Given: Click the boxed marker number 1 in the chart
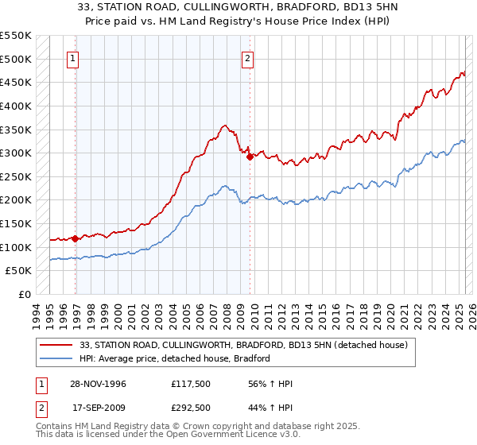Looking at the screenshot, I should point(72,58).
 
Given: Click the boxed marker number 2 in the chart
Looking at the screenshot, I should point(248,58).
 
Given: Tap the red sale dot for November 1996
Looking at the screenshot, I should point(76,238).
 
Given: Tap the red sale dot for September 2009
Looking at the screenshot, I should point(250,157).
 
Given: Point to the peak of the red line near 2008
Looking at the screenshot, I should point(226,125).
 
